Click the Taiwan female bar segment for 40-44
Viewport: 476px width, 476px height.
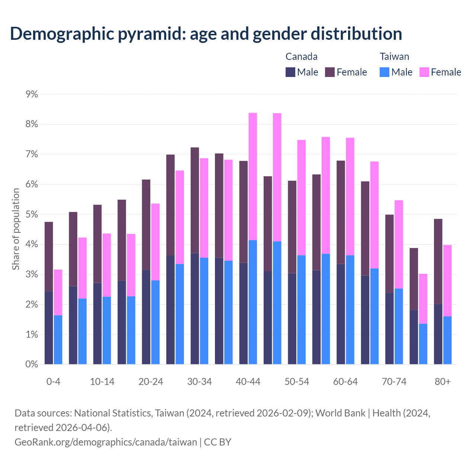253,177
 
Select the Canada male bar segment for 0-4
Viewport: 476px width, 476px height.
49,328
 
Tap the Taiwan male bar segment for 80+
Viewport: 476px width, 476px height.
447,340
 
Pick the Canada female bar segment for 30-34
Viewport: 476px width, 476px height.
195,200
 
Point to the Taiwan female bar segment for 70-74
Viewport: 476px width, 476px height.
399,244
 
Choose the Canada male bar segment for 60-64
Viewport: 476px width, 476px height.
341,314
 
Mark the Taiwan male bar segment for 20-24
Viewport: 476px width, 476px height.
155,322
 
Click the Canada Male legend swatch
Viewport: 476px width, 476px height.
290,72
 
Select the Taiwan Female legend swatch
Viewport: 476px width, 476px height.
424,72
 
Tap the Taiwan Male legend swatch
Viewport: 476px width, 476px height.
385,72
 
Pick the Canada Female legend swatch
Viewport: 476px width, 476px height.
330,72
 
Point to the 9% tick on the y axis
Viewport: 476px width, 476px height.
32,94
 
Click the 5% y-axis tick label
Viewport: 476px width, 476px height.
32,215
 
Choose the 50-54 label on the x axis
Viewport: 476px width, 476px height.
297,382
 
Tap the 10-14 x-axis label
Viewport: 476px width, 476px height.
102,382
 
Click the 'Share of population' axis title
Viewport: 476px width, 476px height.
16,229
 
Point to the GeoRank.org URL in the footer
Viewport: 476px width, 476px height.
106,442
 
